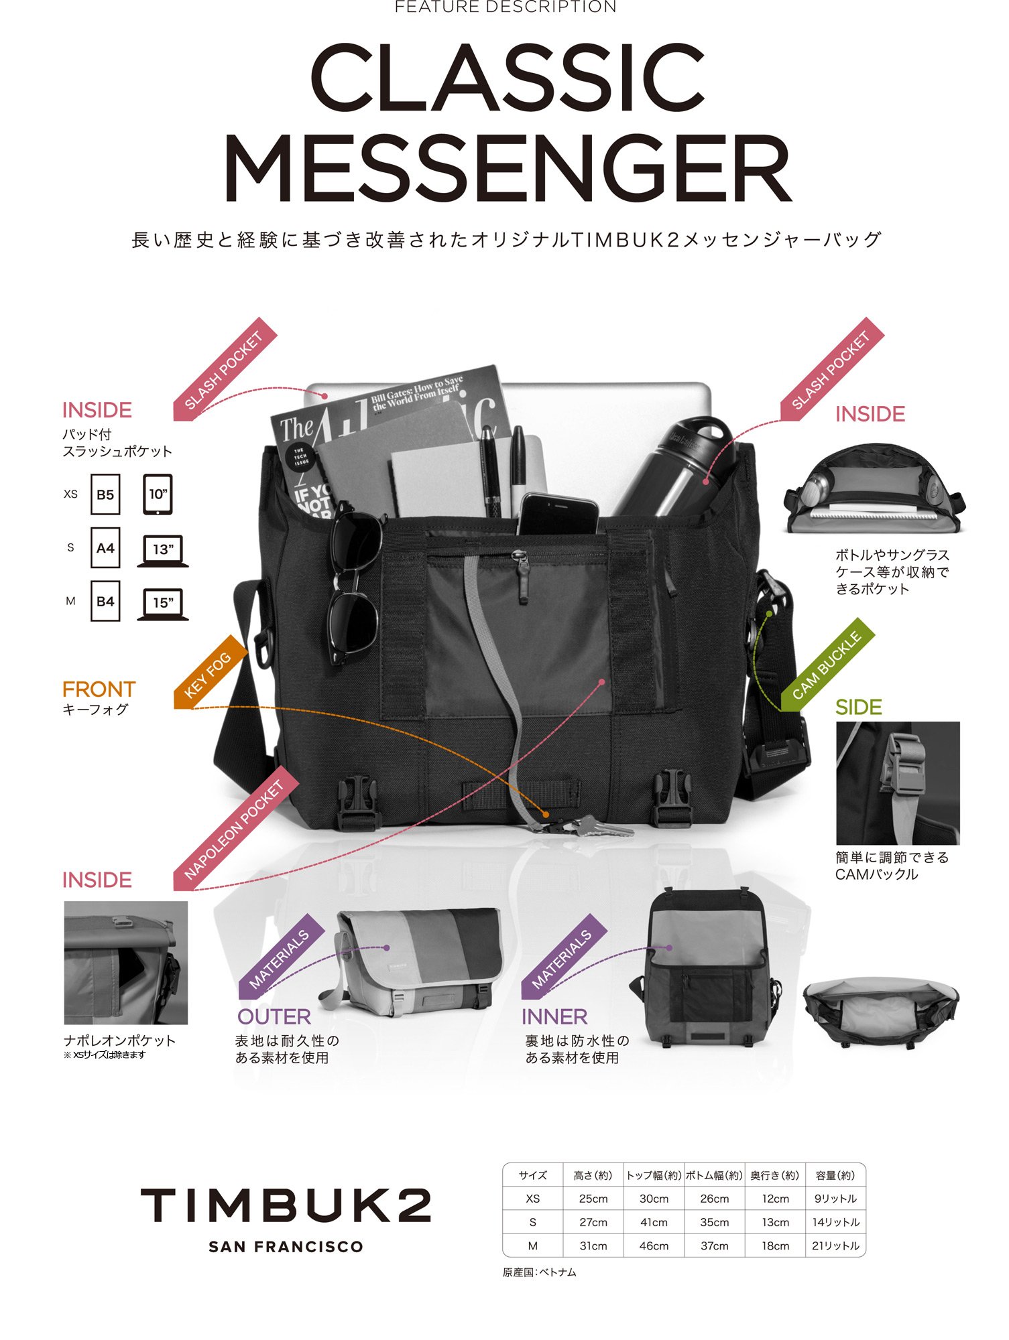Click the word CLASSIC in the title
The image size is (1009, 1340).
pyautogui.click(x=506, y=78)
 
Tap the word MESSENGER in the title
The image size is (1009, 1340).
pyautogui.click(x=508, y=169)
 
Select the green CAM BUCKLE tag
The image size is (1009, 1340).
pyautogui.click(x=827, y=665)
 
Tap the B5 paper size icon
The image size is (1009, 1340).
pyautogui.click(x=105, y=495)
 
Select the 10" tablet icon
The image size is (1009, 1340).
pyautogui.click(x=158, y=495)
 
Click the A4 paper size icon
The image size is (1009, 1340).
pyautogui.click(x=105, y=549)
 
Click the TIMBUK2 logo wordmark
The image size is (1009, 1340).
pyautogui.click(x=286, y=1205)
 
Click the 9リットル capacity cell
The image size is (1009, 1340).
pyautogui.click(x=835, y=1199)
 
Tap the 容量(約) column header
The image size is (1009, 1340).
pyautogui.click(x=835, y=1175)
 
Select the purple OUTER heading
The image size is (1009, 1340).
pyautogui.click(x=274, y=1016)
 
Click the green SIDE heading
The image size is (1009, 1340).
pyautogui.click(x=858, y=707)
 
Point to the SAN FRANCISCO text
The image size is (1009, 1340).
pyautogui.click(x=286, y=1247)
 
